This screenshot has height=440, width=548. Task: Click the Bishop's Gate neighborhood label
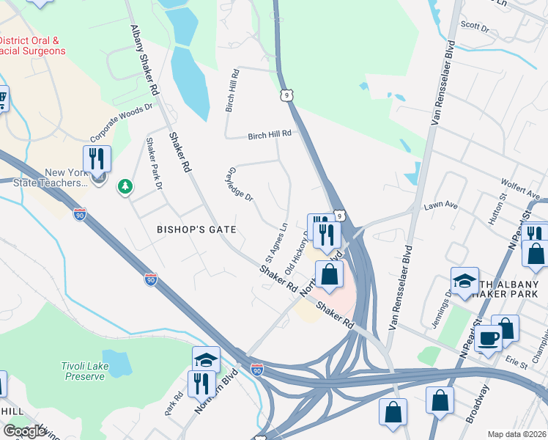[196, 230]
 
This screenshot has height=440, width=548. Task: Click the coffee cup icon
[488, 339]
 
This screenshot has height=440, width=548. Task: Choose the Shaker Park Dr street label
[153, 163]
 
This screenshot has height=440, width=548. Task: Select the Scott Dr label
[474, 26]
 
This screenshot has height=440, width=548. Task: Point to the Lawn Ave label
[440, 207]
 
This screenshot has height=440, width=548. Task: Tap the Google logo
[24, 431]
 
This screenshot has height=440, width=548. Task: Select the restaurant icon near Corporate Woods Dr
[97, 158]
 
